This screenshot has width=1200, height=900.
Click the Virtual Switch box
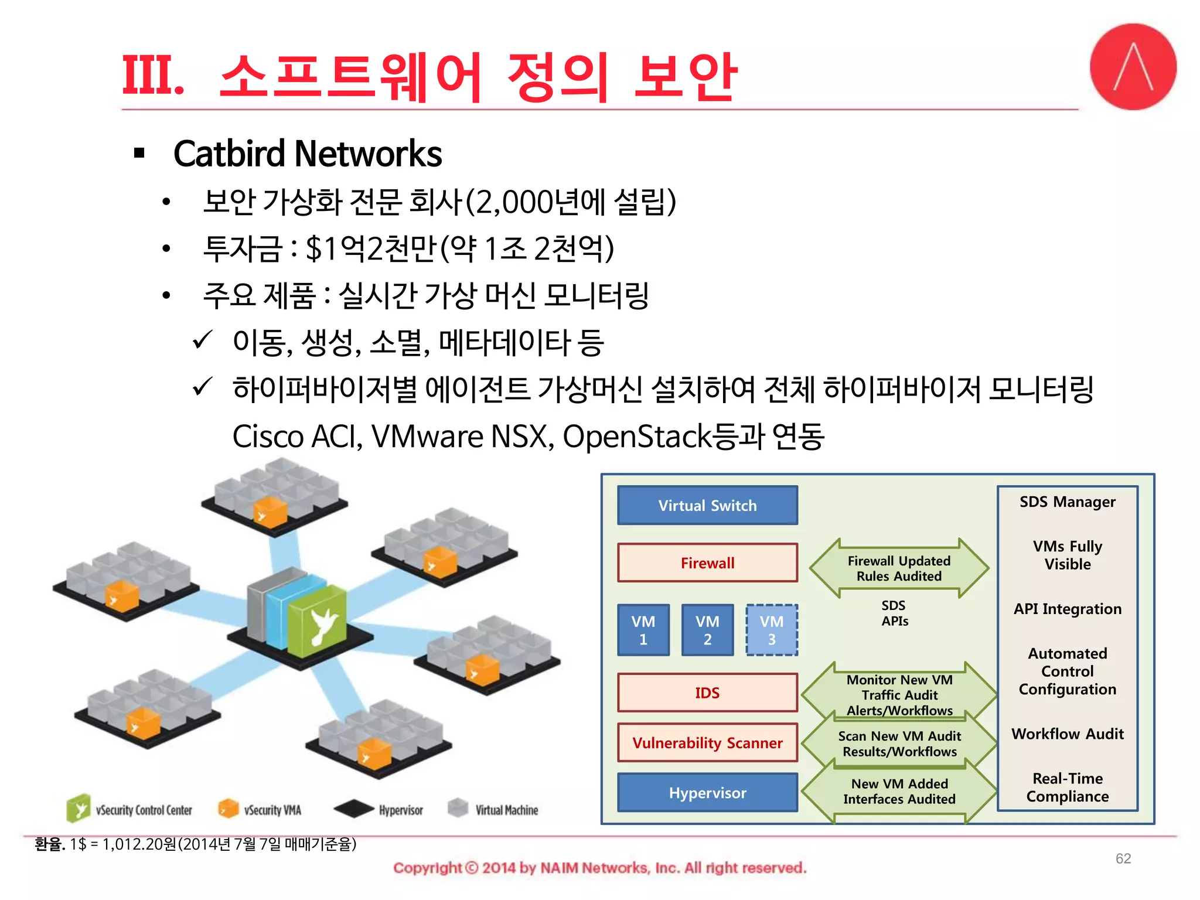[707, 505]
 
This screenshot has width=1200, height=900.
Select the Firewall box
[707, 562]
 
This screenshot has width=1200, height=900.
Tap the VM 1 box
[643, 630]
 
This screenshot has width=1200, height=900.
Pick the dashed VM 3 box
[771, 630]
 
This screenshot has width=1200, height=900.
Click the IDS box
[707, 693]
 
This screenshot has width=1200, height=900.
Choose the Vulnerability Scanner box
[707, 742]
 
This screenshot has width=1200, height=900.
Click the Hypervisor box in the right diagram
[707, 793]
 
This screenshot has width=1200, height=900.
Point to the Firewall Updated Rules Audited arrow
[899, 568]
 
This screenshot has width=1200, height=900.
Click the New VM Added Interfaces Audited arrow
[899, 791]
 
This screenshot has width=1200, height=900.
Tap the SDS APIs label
[894, 613]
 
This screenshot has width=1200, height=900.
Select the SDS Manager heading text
[1067, 502]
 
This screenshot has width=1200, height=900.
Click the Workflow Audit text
[1067, 734]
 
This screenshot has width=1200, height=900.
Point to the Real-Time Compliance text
[1067, 787]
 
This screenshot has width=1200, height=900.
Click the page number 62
[1123, 858]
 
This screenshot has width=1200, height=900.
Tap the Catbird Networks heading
[307, 154]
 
